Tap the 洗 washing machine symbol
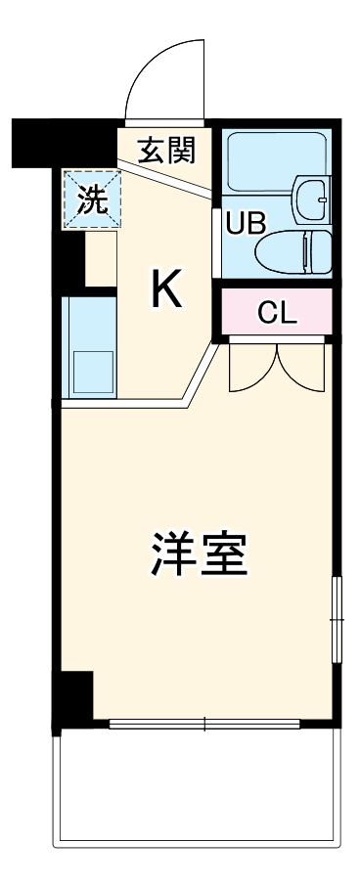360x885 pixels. pos(93,199)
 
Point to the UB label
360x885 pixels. pos(246,223)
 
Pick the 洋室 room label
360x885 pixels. pos(200,553)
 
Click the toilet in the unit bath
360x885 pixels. pos(293,252)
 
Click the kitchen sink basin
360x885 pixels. pos(93,371)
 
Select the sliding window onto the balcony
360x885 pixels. pos(205,725)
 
